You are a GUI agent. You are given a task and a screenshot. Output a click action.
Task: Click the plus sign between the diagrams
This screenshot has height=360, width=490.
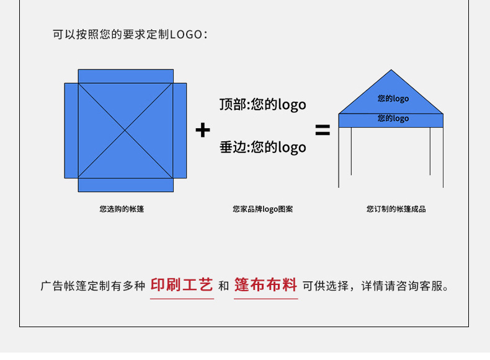[203, 131]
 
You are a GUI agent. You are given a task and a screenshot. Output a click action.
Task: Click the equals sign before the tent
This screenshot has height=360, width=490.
[323, 131]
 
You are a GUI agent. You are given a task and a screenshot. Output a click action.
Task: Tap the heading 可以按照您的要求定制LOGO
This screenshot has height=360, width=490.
[130, 34]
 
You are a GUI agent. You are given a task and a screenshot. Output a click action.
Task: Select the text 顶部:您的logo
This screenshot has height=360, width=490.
[262, 104]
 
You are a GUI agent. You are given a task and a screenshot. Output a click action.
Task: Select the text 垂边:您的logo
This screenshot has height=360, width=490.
[262, 147]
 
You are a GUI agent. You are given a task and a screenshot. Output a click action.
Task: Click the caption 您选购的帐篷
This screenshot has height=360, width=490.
[122, 209]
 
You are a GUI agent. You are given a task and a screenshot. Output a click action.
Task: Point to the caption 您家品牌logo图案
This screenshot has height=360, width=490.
[262, 209]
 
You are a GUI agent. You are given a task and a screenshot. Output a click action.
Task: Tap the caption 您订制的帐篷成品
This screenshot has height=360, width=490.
[396, 209]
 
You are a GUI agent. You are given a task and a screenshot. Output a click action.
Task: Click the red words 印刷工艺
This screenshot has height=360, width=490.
[182, 285]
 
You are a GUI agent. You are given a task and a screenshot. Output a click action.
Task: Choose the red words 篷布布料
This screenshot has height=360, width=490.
[265, 285]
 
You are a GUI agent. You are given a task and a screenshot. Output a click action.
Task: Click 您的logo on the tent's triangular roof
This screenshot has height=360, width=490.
[393, 99]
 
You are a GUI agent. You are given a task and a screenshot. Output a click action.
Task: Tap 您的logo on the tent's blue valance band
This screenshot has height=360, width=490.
[393, 118]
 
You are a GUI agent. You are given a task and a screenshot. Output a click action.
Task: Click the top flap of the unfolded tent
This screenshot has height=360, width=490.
[125, 76]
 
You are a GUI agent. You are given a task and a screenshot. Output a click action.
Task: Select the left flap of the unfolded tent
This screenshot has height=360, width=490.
[71, 131]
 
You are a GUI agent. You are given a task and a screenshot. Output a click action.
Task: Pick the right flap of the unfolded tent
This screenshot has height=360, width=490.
[179, 131]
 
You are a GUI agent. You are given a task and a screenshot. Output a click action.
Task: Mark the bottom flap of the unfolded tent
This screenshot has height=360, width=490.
[125, 185]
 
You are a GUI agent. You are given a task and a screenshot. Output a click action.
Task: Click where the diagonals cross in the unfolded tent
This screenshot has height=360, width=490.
[125, 130]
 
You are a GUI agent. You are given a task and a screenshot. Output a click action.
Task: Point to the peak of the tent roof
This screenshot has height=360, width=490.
[391, 71]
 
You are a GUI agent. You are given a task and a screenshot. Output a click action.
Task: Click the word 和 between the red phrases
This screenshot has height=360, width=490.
[223, 286]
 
